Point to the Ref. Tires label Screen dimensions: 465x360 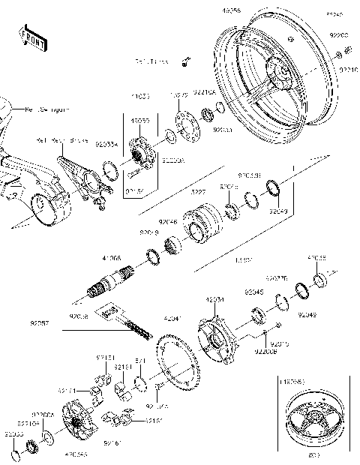click(151, 61)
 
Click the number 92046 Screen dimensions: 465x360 click(168, 223)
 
